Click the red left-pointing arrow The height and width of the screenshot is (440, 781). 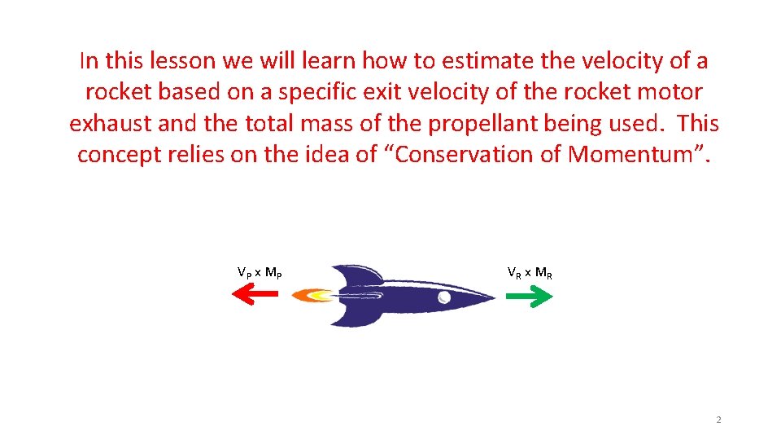click(255, 296)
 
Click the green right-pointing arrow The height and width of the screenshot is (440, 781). click(529, 297)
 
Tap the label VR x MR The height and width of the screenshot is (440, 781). click(530, 272)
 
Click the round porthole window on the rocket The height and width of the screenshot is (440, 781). click(444, 297)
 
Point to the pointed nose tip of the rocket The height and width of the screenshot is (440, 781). click(492, 297)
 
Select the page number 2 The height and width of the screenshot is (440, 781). click(718, 420)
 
